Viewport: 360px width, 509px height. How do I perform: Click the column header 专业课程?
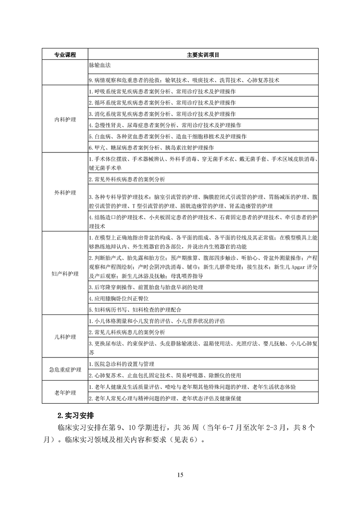click(x=65, y=55)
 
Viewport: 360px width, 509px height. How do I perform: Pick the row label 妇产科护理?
click(x=65, y=274)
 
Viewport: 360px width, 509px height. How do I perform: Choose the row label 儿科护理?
click(x=65, y=337)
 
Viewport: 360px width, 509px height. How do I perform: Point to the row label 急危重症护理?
click(x=65, y=370)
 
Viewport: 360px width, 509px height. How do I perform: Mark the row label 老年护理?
click(x=65, y=392)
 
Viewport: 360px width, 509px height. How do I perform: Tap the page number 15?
click(x=180, y=475)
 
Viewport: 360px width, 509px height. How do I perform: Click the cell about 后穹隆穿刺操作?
click(x=146, y=288)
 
